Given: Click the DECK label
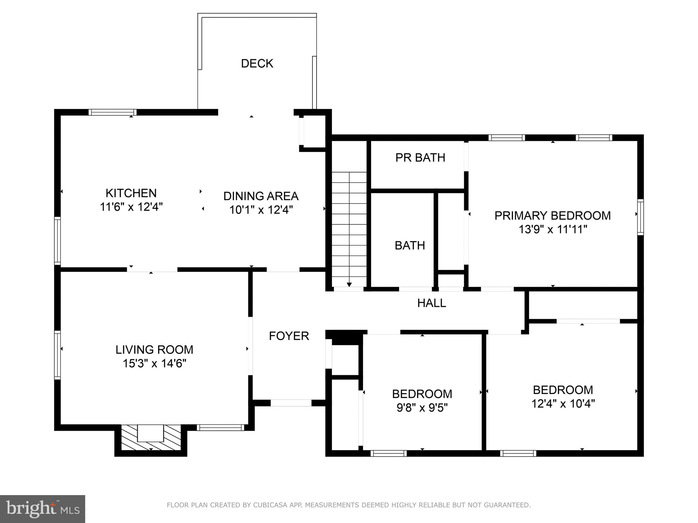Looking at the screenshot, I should click(x=257, y=64).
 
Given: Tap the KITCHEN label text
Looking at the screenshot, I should click(x=131, y=193).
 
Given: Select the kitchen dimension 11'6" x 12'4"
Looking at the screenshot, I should click(x=131, y=207).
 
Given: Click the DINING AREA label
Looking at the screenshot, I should click(x=261, y=196).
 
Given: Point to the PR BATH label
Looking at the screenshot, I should click(x=420, y=158).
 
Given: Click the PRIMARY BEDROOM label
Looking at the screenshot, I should click(x=552, y=216).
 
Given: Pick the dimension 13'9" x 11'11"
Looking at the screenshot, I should click(x=552, y=229).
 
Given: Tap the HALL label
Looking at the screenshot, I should click(x=431, y=303).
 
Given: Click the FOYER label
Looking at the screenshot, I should click(x=289, y=336).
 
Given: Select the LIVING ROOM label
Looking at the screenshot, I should click(x=154, y=350).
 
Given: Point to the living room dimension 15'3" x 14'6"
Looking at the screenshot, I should click(x=154, y=364).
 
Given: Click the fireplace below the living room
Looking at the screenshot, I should click(x=151, y=438).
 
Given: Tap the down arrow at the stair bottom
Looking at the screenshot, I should click(x=349, y=284).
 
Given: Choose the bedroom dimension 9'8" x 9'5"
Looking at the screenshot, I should click(x=422, y=408).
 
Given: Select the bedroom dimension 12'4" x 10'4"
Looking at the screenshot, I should click(x=563, y=404).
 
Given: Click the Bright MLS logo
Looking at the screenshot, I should click(x=42, y=509).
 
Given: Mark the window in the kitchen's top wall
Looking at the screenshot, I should click(x=112, y=112).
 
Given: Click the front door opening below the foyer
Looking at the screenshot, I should click(x=291, y=403).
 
